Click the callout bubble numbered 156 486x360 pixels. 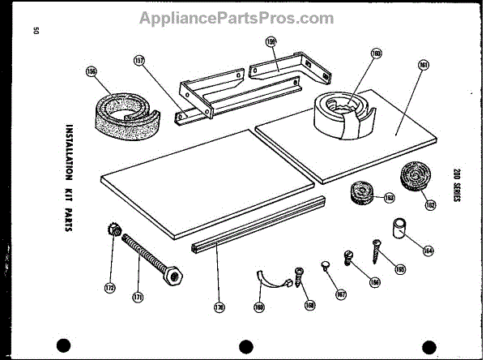(x=92, y=72)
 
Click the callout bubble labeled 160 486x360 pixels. (x=353, y=55)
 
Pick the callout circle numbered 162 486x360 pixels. (x=431, y=204)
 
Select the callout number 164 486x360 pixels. (x=428, y=250)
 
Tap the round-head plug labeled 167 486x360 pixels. (x=325, y=264)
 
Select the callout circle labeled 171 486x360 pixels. (x=138, y=297)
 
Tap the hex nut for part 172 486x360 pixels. (x=113, y=232)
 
